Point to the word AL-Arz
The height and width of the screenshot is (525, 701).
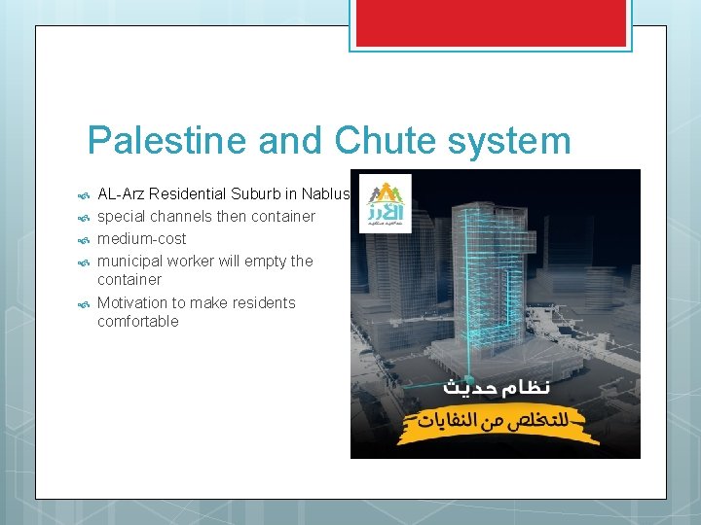click(123, 194)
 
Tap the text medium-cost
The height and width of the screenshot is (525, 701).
click(142, 238)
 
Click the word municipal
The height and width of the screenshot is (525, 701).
click(129, 261)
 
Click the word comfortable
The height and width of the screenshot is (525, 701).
click(138, 321)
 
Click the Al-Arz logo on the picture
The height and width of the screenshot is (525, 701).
click(386, 203)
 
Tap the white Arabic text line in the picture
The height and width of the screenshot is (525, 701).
click(497, 387)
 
